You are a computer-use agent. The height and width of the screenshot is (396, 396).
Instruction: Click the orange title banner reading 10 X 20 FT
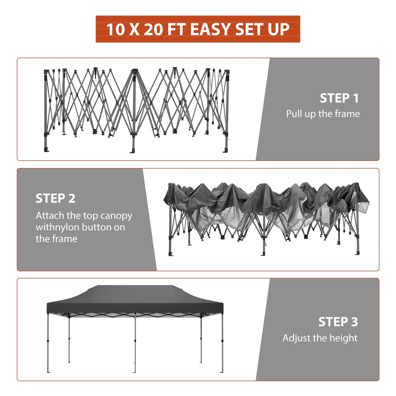(198, 29)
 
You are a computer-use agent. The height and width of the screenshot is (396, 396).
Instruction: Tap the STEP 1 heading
(339, 98)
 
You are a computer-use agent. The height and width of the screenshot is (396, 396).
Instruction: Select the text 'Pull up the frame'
(323, 114)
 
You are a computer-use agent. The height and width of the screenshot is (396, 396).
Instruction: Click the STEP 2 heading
(55, 198)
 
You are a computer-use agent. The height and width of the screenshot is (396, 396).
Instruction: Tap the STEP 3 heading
(338, 322)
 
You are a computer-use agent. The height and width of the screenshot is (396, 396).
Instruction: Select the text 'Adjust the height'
(320, 338)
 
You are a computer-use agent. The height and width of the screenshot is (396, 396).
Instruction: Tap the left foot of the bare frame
(46, 150)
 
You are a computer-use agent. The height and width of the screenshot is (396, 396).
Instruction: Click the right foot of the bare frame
(225, 150)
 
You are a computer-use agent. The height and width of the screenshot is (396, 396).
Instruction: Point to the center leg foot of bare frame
(132, 151)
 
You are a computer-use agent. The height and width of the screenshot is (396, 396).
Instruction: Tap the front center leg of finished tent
(135, 343)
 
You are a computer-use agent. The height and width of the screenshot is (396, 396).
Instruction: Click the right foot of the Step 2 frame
(357, 253)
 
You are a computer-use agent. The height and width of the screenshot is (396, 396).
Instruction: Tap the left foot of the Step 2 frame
(171, 254)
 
